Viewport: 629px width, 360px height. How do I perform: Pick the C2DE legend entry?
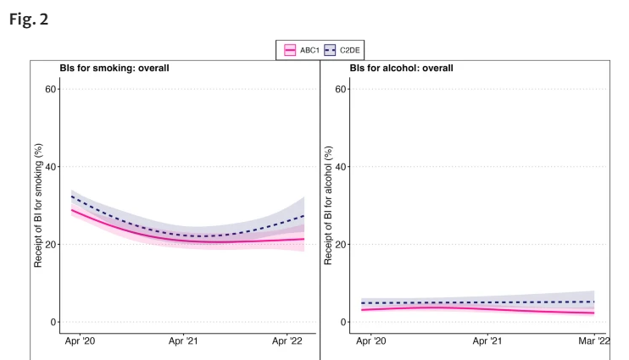(x=342, y=51)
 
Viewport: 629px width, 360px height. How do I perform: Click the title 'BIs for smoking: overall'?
(x=114, y=68)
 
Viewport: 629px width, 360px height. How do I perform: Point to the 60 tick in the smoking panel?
(x=51, y=89)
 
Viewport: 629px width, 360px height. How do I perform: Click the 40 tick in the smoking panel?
(x=51, y=167)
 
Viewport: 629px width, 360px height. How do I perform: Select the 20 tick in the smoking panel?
(x=51, y=244)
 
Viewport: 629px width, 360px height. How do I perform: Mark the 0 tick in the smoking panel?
(x=53, y=322)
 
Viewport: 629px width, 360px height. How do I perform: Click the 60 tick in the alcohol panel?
(x=342, y=89)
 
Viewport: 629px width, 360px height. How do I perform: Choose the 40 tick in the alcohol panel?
(x=342, y=167)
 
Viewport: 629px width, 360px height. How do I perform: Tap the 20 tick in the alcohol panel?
(x=342, y=244)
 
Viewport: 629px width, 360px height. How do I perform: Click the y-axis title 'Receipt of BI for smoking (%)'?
(x=38, y=205)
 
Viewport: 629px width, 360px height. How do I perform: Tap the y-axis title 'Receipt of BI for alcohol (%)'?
(x=329, y=205)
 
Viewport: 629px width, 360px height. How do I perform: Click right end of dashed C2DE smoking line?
(x=303, y=215)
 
